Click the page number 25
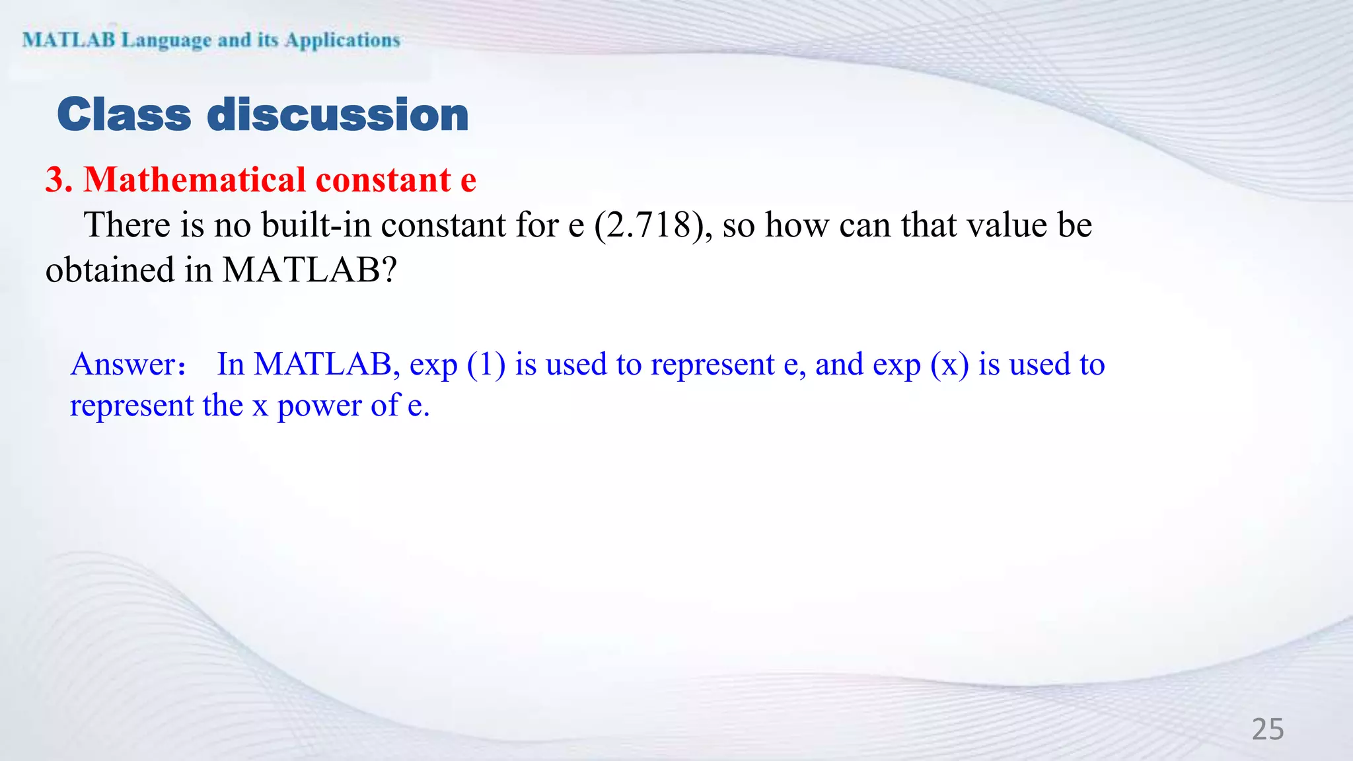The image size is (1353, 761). (x=1268, y=729)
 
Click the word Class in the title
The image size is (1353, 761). (x=124, y=115)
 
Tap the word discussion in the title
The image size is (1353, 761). (x=338, y=115)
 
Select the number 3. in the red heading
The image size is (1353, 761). (x=59, y=180)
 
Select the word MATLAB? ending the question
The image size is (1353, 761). (x=309, y=270)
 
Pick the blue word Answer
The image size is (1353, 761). (x=124, y=364)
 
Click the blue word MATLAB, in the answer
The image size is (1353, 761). (x=327, y=364)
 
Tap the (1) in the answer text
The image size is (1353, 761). (x=486, y=365)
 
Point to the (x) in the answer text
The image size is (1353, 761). (x=949, y=365)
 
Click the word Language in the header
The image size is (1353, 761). (x=166, y=40)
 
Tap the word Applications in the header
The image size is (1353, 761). (x=342, y=40)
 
